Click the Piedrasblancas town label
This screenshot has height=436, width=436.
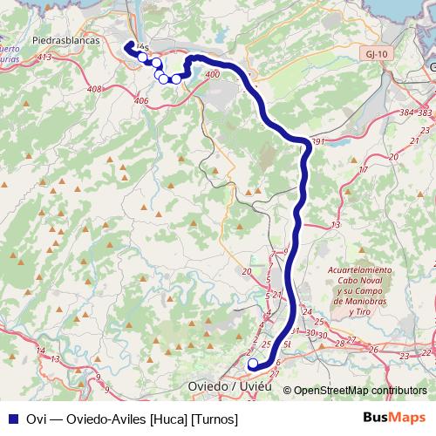65,41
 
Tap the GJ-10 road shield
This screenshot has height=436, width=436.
376,53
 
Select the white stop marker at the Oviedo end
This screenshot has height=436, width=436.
253,364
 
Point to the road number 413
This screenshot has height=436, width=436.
45,58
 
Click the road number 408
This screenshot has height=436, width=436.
95,89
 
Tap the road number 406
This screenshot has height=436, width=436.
141,101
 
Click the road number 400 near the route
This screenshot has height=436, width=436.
213,75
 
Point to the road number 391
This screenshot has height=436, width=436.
317,141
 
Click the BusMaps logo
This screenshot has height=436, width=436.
394,419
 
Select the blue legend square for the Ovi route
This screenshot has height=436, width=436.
12,419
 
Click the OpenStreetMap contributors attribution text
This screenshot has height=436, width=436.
360,391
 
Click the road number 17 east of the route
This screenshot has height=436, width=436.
364,169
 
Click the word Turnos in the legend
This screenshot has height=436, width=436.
214,419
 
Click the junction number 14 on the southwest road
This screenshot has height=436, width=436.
54,359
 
